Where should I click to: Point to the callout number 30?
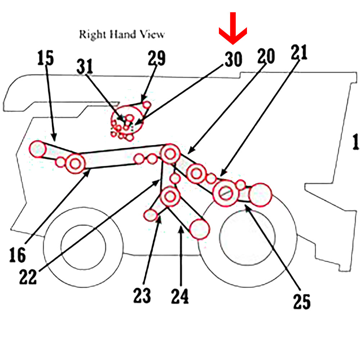(x=233, y=59)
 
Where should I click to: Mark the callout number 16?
(x=18, y=255)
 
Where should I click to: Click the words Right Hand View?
(x=122, y=35)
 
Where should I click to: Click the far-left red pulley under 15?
(x=38, y=149)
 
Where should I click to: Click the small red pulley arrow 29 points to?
(x=147, y=104)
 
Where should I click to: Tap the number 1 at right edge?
(x=356, y=142)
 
